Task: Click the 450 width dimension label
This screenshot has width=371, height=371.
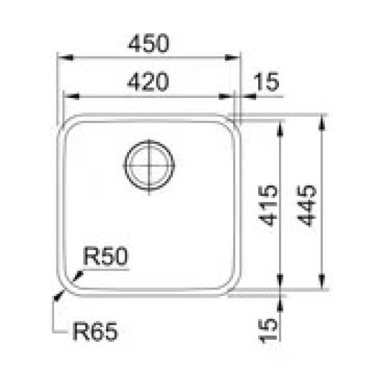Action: [x=149, y=43]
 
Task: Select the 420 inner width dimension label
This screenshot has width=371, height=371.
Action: [x=148, y=82]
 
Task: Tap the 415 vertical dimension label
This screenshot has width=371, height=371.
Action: [x=268, y=206]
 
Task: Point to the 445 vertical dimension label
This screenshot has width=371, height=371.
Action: [x=306, y=206]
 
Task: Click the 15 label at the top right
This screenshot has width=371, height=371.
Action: [x=266, y=82]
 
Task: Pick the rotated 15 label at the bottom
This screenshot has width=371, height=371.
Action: [x=268, y=331]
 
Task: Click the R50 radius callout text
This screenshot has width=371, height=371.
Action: [x=105, y=256]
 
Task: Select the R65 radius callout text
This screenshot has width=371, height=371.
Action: [x=95, y=332]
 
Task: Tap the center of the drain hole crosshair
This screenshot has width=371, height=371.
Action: [x=149, y=165]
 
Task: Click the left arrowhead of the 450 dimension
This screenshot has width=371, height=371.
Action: [x=65, y=59]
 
